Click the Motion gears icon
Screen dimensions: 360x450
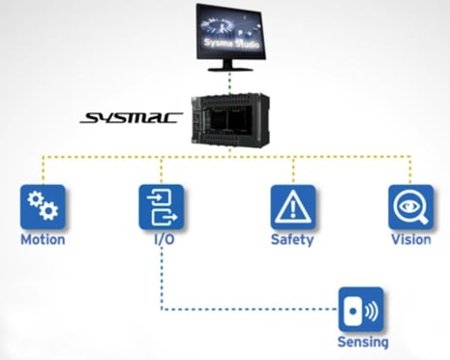pos(42,206)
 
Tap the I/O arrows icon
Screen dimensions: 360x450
pos(161,206)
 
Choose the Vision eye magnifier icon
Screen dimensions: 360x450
pos(410,206)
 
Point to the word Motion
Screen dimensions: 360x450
pos(42,239)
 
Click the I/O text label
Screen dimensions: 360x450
pos(161,239)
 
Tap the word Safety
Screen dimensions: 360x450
pos(293,239)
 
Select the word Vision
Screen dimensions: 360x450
pos(410,239)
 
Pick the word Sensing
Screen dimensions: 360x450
pos(362,342)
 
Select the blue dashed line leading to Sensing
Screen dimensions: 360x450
pos(242,310)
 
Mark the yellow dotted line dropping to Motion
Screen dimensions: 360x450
pos(42,169)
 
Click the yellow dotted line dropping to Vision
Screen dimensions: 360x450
pos(410,169)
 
